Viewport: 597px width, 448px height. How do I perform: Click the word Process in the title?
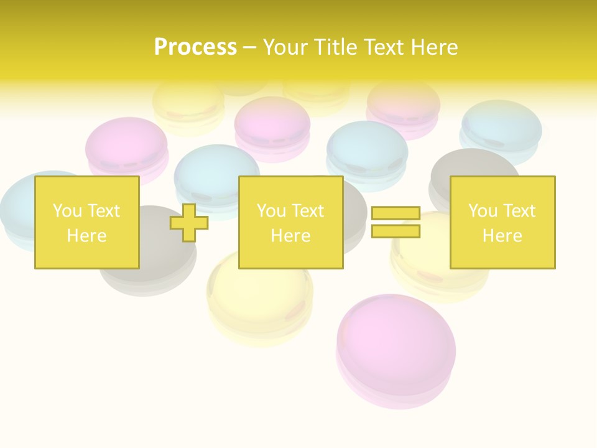pyautogui.click(x=195, y=47)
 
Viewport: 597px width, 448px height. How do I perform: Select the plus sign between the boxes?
pyautogui.click(x=189, y=222)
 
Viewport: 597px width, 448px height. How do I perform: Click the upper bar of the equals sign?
pyautogui.click(x=396, y=213)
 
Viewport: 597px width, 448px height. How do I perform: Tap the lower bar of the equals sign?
pyautogui.click(x=396, y=231)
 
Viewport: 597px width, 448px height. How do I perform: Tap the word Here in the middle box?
pyautogui.click(x=290, y=236)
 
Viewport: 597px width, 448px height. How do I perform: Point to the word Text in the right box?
pyautogui.click(x=519, y=211)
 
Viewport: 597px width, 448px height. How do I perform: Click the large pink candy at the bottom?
pyautogui.click(x=396, y=345)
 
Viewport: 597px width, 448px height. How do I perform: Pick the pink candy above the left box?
pyautogui.click(x=126, y=146)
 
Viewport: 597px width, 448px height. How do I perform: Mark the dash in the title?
pyautogui.click(x=250, y=47)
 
